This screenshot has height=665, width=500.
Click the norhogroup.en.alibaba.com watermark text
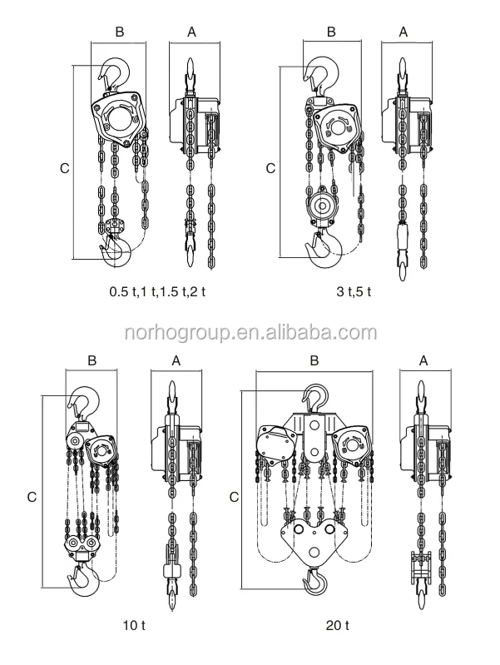(x=250, y=333)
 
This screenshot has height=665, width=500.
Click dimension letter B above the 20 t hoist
(x=314, y=360)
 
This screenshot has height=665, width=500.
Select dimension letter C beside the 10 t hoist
(x=31, y=497)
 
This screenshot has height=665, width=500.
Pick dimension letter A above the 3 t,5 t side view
(x=403, y=32)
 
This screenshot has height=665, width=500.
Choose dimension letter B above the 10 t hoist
(x=92, y=360)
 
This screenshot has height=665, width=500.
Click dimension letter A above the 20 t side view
(x=423, y=360)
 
